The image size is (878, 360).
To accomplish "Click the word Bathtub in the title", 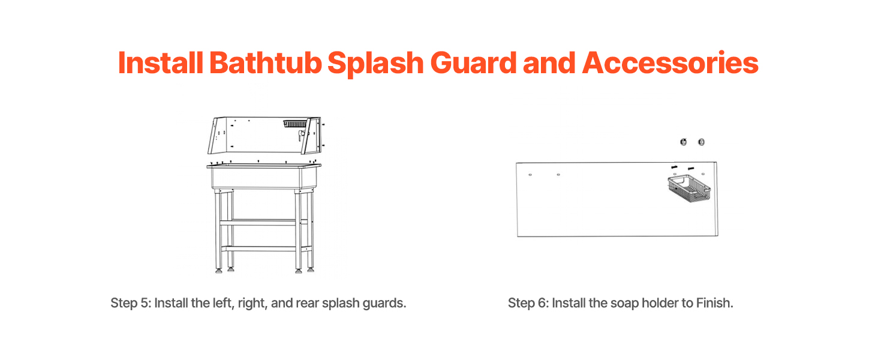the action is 265,63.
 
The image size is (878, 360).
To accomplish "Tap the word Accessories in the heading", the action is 670,63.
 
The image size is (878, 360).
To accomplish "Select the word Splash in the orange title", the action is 375,64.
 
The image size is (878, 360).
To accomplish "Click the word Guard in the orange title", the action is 474,63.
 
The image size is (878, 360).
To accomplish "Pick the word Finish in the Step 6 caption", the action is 714,303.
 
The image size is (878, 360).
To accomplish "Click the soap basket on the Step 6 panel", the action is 689,188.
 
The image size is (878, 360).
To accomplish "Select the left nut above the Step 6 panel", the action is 683,142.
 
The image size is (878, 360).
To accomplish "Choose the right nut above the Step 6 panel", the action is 701,142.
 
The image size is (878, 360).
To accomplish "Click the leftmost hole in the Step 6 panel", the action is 530,175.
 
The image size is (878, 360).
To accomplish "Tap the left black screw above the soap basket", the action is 674,167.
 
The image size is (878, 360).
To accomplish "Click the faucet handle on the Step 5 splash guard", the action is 301,135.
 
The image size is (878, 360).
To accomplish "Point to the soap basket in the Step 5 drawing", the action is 295,124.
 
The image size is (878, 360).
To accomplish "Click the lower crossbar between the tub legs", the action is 258,248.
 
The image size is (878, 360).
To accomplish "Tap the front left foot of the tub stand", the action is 219,271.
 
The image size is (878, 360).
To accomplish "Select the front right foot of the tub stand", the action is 298,271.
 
